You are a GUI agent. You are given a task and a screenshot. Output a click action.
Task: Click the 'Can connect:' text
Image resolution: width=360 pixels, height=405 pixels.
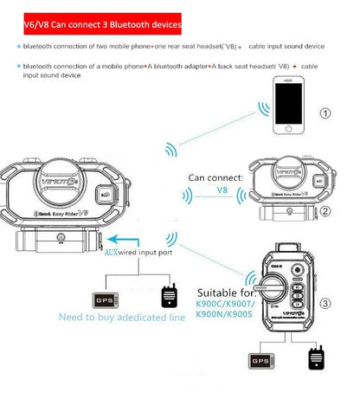click(x=215, y=178)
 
